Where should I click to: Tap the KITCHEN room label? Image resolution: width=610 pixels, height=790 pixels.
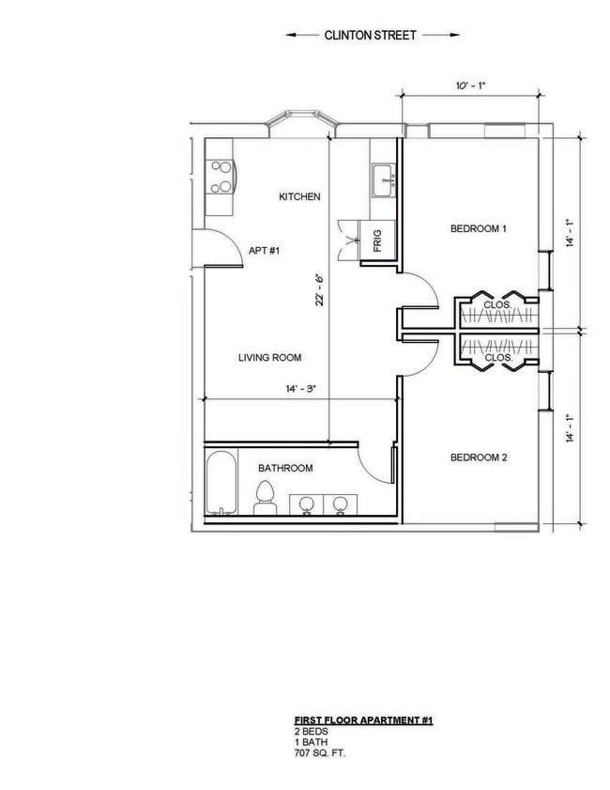tap(300, 197)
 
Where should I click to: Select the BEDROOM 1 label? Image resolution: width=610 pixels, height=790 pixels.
tap(479, 228)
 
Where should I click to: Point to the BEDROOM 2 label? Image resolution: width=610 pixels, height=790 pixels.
tap(479, 457)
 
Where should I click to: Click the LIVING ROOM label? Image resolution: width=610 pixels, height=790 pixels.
tap(269, 357)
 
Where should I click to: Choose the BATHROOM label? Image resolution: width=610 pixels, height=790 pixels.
tap(285, 468)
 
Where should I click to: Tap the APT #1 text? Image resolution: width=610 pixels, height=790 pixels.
tap(264, 251)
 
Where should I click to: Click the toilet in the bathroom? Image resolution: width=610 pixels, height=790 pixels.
tap(265, 498)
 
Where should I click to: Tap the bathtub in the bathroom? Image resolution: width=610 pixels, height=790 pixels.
tap(221, 484)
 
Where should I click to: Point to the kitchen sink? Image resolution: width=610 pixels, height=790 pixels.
tap(386, 178)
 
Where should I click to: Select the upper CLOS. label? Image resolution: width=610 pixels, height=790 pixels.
tap(496, 305)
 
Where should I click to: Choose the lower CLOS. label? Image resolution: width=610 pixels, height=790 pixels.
tap(496, 358)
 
